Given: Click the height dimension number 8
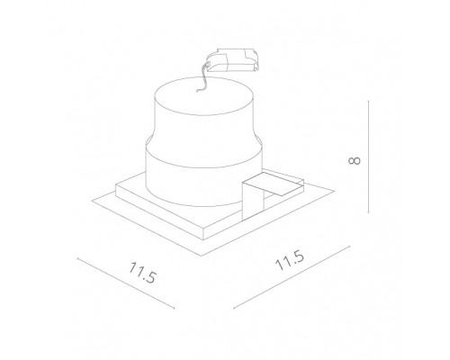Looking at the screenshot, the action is click(355, 160).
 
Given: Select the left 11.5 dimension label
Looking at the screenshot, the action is click(143, 273).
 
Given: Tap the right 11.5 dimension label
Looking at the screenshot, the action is click(290, 261).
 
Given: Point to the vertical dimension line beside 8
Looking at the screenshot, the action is click(369, 157).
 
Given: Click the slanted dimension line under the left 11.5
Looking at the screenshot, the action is click(126, 283).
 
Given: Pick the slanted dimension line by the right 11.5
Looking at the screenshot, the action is click(292, 277).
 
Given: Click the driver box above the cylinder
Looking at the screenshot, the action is click(233, 60).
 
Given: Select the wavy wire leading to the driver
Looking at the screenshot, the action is click(202, 77).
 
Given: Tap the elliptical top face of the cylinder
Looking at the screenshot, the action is click(204, 96).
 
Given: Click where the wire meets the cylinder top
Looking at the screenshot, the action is click(197, 91).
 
